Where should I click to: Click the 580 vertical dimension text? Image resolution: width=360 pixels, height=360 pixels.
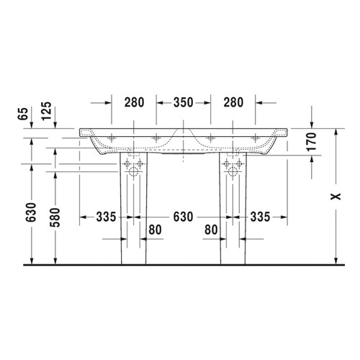pyautogui.click(x=55, y=220)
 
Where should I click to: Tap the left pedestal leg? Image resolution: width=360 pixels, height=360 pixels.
pyautogui.click(x=134, y=216)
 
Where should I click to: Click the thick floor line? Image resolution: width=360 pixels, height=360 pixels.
pyautogui.click(x=180, y=266)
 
